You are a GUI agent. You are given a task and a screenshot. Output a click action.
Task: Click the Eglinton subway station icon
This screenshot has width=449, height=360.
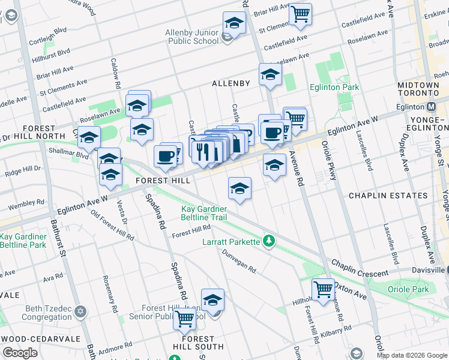tap(431, 107)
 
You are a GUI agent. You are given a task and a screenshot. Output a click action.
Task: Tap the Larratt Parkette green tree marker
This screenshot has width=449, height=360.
tap(270, 241)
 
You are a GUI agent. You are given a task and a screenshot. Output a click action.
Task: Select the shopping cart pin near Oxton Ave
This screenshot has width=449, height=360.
tap(323, 289)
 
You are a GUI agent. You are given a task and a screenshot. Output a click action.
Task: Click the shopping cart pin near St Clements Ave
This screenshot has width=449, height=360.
tap(300, 13)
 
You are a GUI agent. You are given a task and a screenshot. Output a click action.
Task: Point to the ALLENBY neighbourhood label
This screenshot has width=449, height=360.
tap(231, 83)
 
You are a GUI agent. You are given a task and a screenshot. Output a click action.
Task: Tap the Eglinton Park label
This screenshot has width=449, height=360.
tap(334, 88)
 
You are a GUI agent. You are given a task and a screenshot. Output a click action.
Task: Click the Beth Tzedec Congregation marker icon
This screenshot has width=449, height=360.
tap(80, 312)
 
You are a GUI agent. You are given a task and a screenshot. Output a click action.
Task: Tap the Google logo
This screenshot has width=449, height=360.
tap(20, 353)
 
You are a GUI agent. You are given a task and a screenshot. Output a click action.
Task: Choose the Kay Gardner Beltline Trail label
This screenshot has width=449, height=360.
tap(204, 213)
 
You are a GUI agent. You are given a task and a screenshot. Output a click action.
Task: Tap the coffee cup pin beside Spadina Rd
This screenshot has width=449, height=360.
tap(165, 156)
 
